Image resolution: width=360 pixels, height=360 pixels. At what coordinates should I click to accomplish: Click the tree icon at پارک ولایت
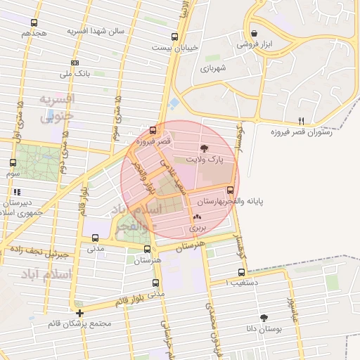205,148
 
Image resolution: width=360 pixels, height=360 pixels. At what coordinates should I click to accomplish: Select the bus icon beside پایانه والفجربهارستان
230,190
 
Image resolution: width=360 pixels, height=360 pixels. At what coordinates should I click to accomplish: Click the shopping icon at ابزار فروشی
254,33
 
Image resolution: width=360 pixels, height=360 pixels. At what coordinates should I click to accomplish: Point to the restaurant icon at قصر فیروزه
302,120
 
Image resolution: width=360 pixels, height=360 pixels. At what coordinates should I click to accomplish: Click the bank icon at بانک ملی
75,62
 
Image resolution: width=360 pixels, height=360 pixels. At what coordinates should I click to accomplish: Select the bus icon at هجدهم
34,22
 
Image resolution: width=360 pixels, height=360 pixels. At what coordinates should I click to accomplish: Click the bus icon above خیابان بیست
174,37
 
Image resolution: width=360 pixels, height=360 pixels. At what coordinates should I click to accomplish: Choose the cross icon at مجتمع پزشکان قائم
80,313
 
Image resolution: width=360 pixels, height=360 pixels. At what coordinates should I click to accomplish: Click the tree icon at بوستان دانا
264,318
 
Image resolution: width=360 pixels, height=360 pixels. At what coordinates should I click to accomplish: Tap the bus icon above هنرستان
147,249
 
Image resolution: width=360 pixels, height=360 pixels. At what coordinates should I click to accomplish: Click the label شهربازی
212,69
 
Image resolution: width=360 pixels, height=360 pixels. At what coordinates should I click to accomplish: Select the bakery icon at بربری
197,217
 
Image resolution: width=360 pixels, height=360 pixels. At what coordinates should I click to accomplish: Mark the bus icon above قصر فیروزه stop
153,130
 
